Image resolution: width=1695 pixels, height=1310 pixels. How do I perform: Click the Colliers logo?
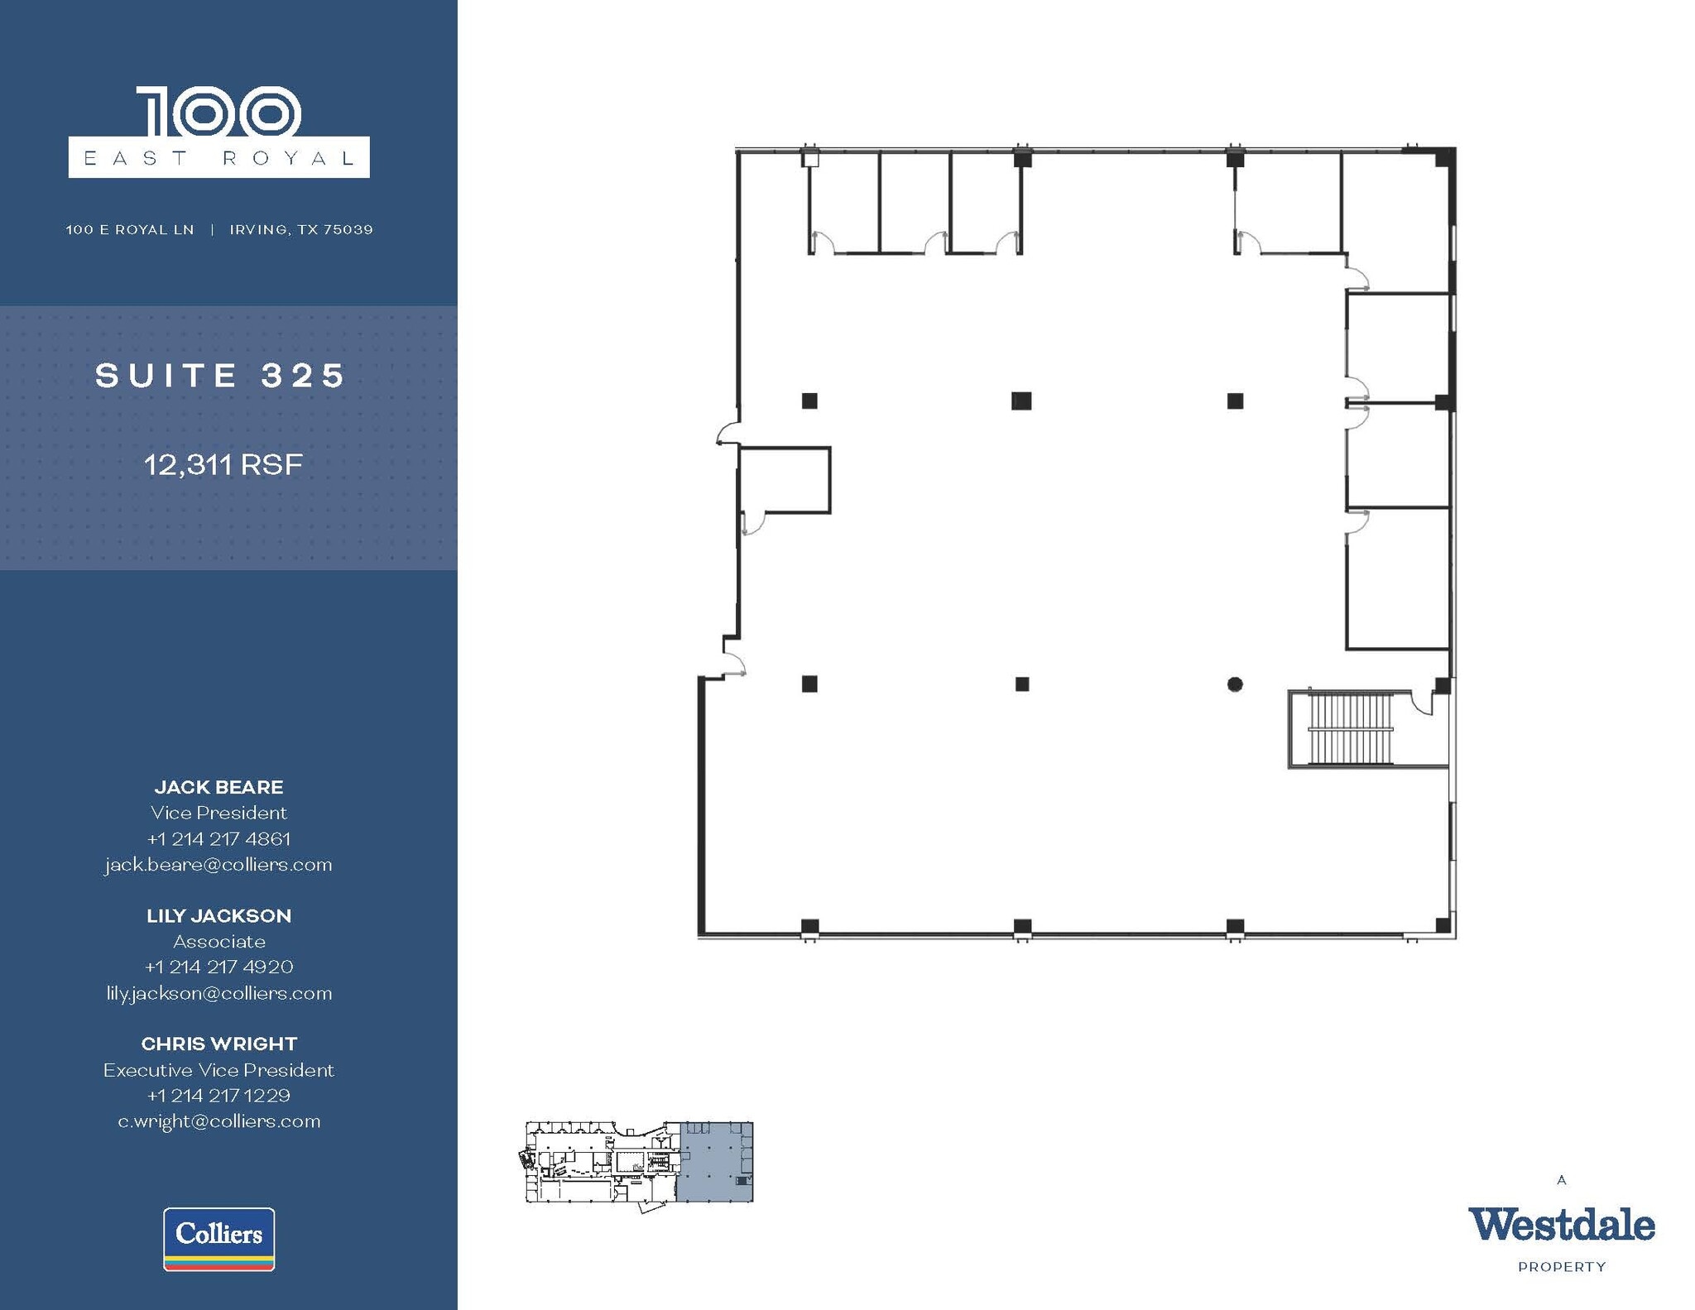pos(218,1238)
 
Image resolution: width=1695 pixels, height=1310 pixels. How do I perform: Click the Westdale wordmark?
pos(1561,1226)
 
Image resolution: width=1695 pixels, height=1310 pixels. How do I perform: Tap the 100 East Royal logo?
pos(218,132)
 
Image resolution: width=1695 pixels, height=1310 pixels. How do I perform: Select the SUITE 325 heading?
pos(220,376)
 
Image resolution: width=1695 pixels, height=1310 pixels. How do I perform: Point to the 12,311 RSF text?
pos(223,464)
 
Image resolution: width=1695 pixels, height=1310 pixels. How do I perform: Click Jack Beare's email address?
pos(218,865)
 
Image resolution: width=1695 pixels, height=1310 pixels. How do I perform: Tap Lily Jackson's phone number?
pos(218,967)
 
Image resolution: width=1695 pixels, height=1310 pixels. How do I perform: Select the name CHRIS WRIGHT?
pos(218,1044)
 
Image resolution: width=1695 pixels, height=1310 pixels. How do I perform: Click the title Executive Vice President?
pos(218,1070)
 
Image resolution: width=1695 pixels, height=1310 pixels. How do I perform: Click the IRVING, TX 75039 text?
pos(301,229)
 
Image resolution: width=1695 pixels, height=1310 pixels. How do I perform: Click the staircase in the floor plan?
pos(1349,729)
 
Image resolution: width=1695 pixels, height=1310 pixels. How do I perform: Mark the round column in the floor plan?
pos(1235,684)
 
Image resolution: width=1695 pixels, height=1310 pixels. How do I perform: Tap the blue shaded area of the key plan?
pos(714,1162)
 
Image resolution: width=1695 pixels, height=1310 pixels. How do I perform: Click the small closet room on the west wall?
pos(785,480)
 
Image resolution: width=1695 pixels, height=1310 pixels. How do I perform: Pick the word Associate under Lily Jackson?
pos(218,942)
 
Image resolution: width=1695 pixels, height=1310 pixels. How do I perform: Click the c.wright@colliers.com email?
pos(218,1121)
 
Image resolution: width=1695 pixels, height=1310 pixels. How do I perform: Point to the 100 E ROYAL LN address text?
pos(130,229)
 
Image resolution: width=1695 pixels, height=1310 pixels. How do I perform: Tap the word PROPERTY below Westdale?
pos(1562,1267)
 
